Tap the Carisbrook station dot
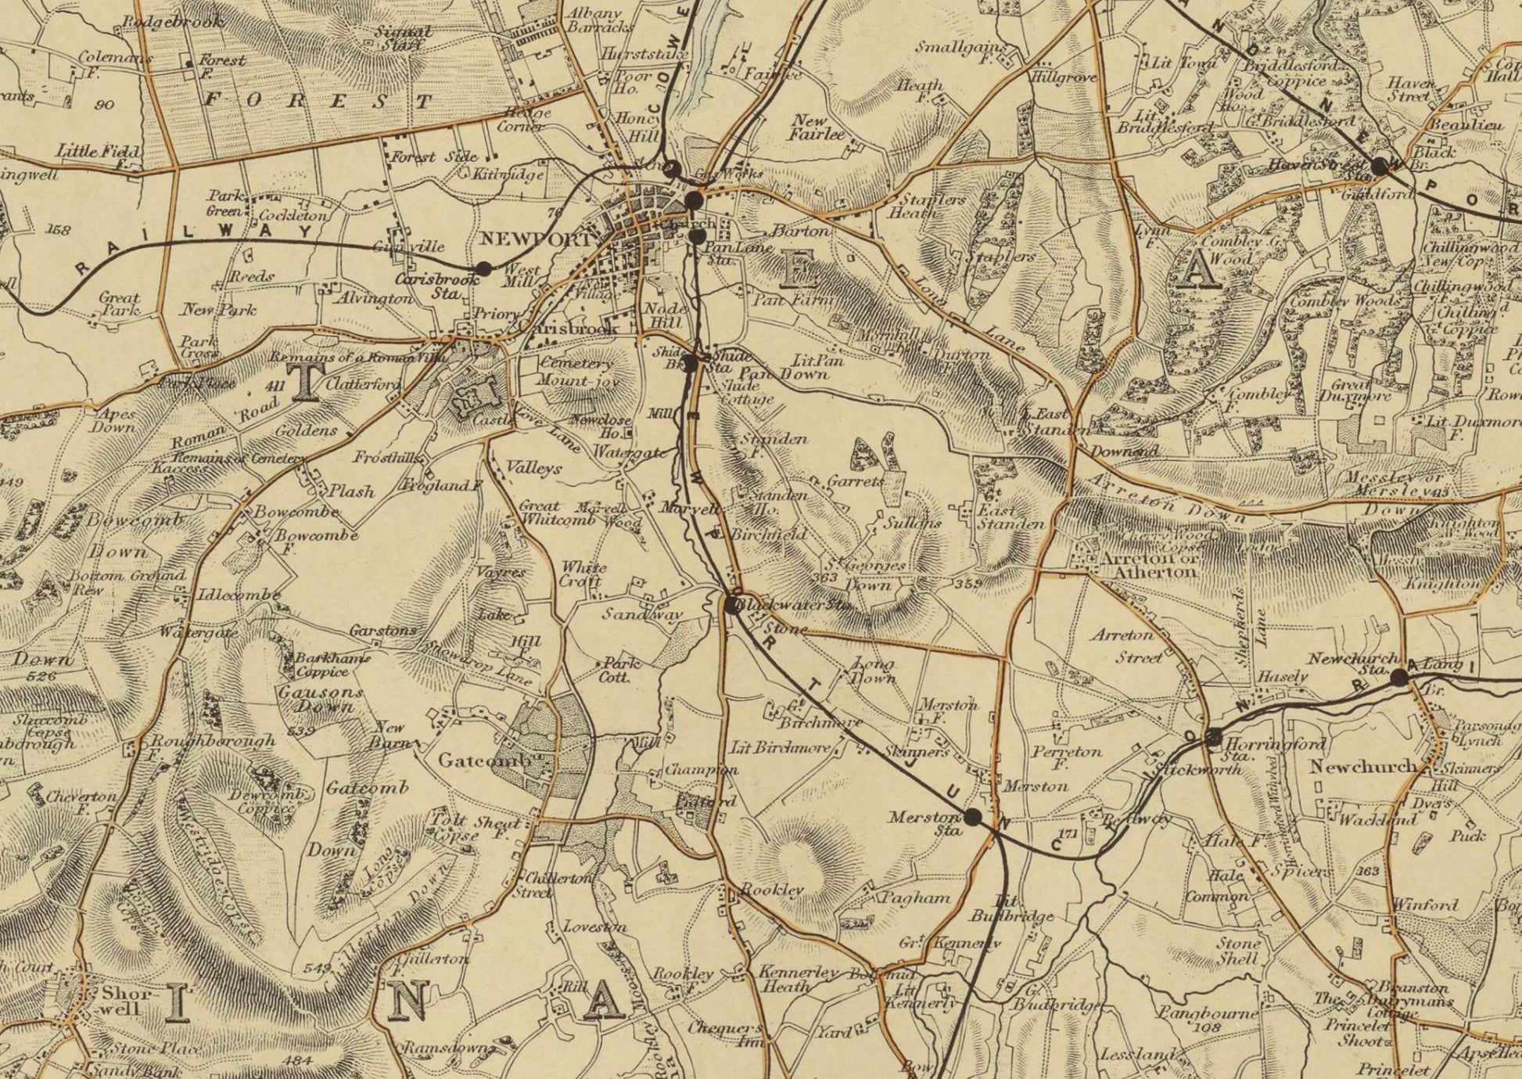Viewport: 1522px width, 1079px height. tap(484, 268)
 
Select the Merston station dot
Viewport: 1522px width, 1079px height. tap(972, 817)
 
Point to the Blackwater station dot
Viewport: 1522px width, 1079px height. tap(732, 604)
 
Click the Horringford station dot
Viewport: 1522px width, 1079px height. tap(1214, 736)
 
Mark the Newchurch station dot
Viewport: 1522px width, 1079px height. tap(1399, 678)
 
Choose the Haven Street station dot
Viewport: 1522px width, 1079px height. tap(1379, 166)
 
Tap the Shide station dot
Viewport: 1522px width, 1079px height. tap(690, 363)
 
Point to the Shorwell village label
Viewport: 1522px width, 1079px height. tap(121, 1001)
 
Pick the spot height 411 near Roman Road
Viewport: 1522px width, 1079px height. tap(275, 386)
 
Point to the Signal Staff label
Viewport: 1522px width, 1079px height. tap(403, 38)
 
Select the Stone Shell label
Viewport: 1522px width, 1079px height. tap(1238, 951)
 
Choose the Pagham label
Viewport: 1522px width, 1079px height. tap(916, 897)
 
